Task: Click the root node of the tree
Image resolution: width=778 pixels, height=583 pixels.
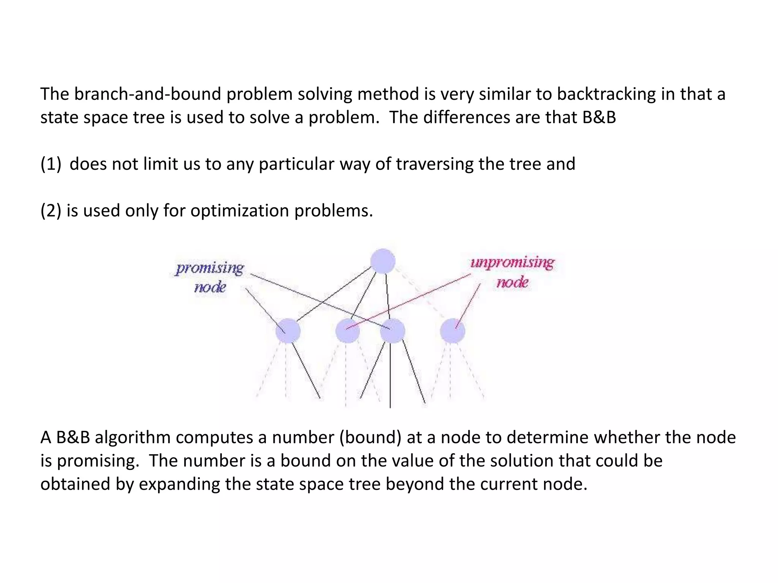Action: click(383, 261)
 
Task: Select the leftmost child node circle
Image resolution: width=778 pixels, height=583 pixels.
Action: click(288, 331)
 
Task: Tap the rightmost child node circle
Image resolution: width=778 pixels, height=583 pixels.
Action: click(452, 331)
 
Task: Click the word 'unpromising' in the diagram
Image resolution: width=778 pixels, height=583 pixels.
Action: click(512, 263)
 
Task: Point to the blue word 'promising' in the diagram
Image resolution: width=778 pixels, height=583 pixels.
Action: click(209, 268)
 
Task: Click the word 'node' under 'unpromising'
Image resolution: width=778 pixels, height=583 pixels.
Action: click(512, 282)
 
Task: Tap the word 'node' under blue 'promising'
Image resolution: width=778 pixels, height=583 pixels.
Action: click(210, 287)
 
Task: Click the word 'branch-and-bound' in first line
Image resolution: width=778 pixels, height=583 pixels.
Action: click(148, 94)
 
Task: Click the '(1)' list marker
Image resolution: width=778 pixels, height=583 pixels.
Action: click(51, 164)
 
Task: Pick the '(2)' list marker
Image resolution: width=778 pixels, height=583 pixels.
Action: click(51, 211)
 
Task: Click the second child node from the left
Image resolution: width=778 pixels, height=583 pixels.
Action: click(348, 331)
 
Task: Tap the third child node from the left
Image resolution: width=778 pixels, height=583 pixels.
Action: click(392, 331)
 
